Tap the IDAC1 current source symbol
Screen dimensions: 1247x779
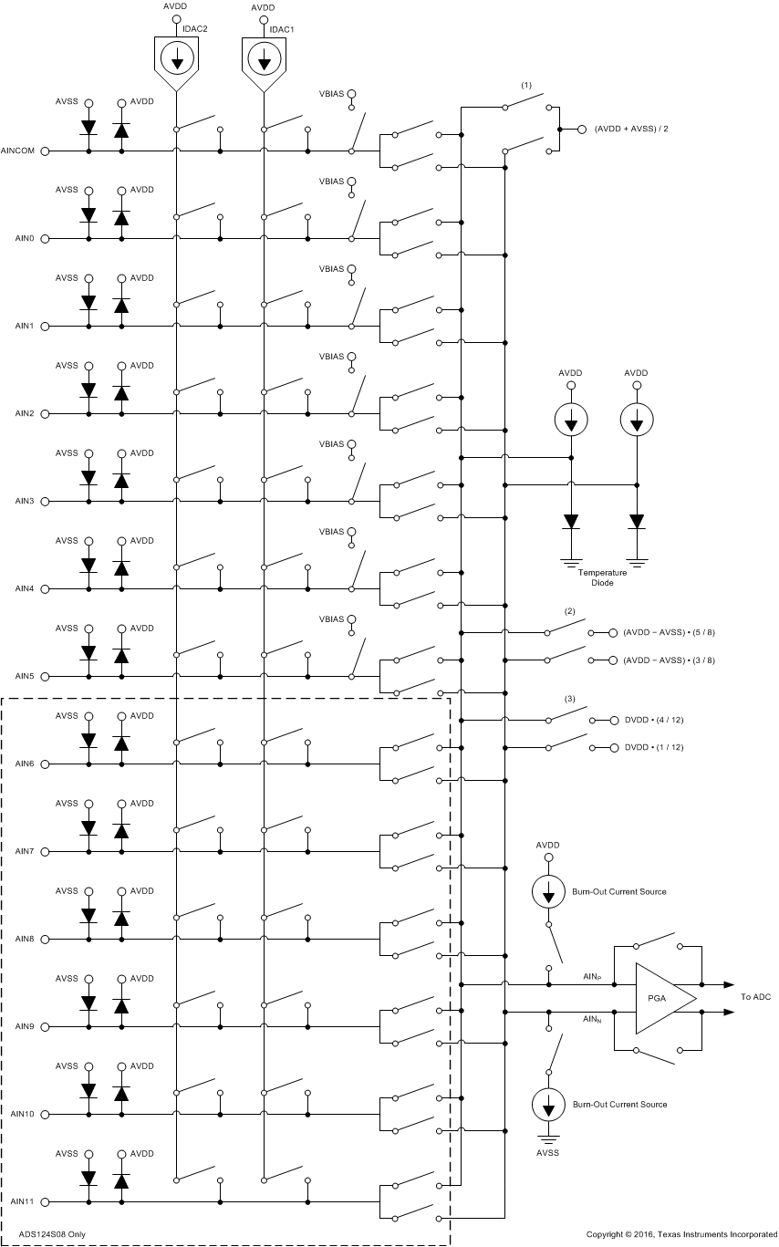[x=265, y=61]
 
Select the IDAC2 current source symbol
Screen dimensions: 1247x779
[x=176, y=61]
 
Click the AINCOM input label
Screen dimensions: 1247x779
[x=18, y=151]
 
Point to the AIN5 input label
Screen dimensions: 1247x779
[x=25, y=676]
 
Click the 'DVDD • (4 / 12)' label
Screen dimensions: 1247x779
[x=654, y=720]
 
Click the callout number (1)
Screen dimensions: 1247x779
[x=526, y=85]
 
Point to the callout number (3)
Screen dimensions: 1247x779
[x=570, y=699]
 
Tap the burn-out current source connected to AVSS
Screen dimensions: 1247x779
[x=548, y=1106]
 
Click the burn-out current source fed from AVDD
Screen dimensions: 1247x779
[x=548, y=891]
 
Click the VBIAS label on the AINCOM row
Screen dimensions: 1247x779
[x=331, y=94]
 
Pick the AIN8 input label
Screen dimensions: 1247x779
[x=25, y=939]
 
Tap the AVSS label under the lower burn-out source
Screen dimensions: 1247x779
[x=548, y=1153]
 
